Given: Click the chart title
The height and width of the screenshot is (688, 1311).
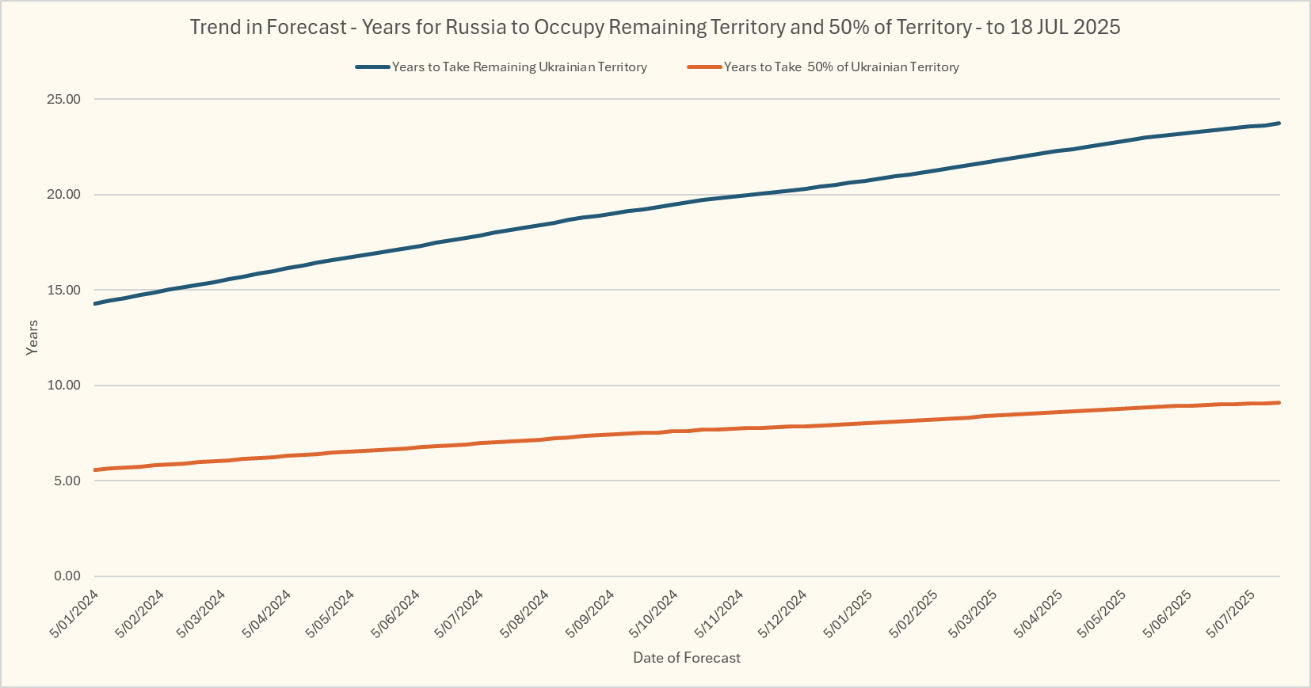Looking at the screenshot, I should tap(655, 27).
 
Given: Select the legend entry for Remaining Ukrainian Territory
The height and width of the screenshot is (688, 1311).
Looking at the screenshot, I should tap(519, 67).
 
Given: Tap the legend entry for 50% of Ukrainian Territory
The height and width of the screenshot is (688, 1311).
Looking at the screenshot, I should tap(841, 67).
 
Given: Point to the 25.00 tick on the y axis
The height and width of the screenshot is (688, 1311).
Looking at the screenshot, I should tap(64, 100).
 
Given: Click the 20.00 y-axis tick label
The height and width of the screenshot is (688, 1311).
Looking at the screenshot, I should tap(64, 195).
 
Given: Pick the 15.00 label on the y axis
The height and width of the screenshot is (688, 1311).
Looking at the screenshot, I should tap(64, 291).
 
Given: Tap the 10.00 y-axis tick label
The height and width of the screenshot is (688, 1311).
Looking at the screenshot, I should tap(64, 386).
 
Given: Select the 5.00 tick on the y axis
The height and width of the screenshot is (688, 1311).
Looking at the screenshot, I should tap(67, 481).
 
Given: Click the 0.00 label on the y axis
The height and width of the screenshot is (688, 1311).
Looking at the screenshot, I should tap(67, 576).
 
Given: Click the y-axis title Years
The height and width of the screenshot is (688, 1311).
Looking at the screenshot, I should tap(32, 337).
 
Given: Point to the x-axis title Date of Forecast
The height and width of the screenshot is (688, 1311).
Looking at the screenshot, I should tap(687, 658).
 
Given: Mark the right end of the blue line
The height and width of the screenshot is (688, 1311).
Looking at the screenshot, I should tap(1279, 124).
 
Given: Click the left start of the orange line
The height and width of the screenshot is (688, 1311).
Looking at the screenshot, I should tap(95, 470).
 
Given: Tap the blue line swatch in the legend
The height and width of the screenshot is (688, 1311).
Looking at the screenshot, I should tap(372, 67).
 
